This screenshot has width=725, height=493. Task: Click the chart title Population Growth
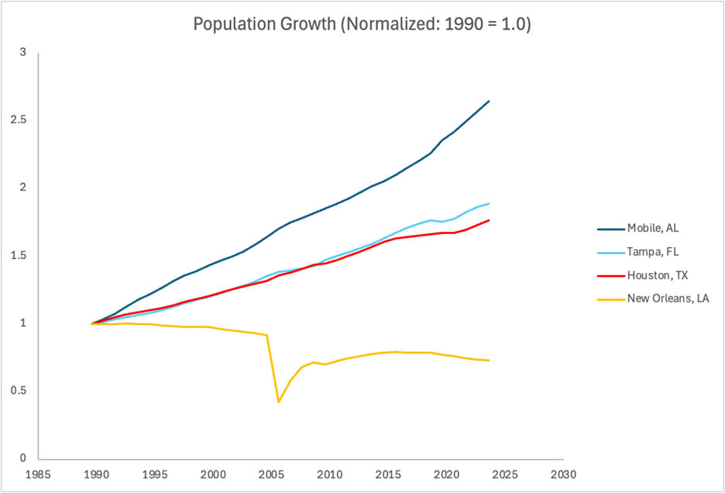click(362, 23)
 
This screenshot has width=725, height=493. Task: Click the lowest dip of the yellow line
click(278, 402)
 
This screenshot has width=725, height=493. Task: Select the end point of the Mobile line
click(489, 101)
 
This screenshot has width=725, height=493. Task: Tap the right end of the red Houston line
click(489, 220)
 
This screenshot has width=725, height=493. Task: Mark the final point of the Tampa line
click(489, 203)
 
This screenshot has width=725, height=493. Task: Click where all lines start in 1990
click(92, 323)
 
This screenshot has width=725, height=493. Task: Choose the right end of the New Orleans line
click(489, 360)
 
